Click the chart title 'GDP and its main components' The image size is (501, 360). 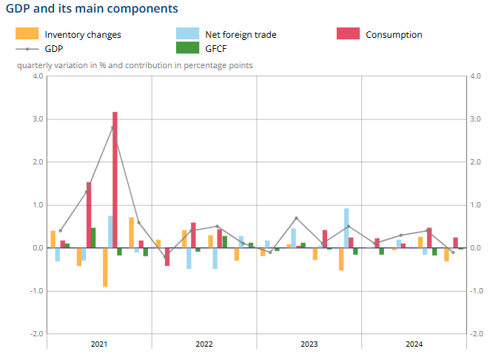pyautogui.click(x=92, y=9)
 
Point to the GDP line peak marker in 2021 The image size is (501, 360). pyautogui.click(x=112, y=127)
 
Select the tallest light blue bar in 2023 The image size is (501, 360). pyautogui.click(x=346, y=227)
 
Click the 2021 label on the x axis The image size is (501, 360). pyautogui.click(x=99, y=344)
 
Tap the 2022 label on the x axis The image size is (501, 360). pyautogui.click(x=204, y=344)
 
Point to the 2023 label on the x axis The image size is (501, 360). pyautogui.click(x=309, y=344)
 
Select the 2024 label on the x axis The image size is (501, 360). pyautogui.click(x=414, y=344)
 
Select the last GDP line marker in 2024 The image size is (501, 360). pyautogui.click(x=453, y=252)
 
